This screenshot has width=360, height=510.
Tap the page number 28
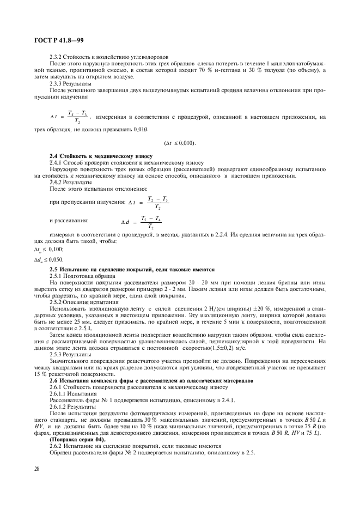[x=37, y=467]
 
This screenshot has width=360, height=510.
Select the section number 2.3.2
[x=57, y=57]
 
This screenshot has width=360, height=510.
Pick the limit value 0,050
[x=56, y=259]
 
